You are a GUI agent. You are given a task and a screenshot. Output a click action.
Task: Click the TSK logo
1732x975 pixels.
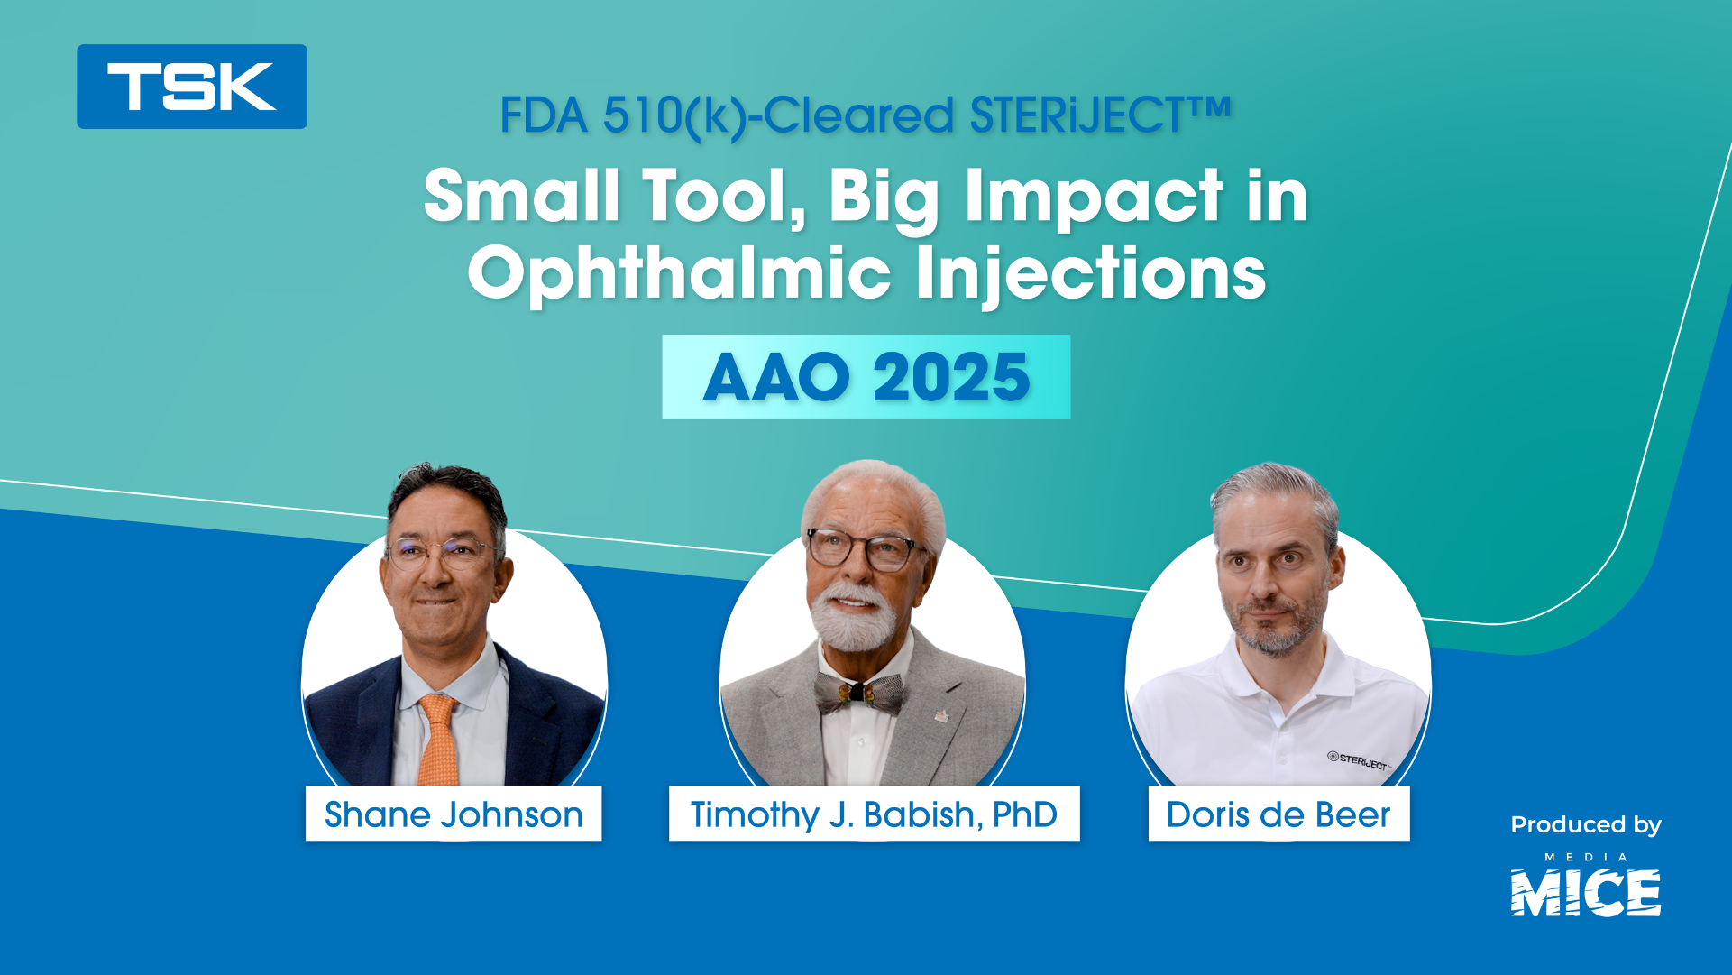(192, 87)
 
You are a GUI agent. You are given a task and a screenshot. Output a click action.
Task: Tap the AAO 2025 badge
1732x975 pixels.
(866, 376)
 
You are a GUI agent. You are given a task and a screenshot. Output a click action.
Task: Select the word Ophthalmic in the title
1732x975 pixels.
(679, 273)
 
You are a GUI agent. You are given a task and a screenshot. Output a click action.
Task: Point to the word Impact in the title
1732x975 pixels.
(1093, 196)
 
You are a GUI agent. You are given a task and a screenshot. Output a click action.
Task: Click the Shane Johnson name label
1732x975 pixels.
(454, 814)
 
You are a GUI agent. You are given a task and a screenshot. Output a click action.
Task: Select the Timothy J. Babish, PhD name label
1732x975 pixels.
(874, 814)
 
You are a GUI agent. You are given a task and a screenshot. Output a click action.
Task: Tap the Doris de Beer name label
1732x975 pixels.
(1278, 814)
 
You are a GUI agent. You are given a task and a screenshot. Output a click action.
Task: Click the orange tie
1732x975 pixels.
(438, 740)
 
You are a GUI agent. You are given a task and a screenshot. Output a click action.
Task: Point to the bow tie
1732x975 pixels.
(857, 693)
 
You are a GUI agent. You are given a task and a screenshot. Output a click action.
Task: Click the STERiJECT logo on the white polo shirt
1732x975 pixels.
(1360, 761)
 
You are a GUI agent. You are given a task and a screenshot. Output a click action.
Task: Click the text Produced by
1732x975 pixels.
(1586, 824)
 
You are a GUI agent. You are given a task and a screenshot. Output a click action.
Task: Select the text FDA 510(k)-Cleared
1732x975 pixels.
(727, 116)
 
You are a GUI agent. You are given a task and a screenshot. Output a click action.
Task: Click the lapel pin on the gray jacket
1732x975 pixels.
(940, 717)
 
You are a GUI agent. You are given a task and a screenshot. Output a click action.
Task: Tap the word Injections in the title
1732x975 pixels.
(1091, 273)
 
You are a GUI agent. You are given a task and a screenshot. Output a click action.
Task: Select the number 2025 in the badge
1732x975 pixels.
(951, 377)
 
